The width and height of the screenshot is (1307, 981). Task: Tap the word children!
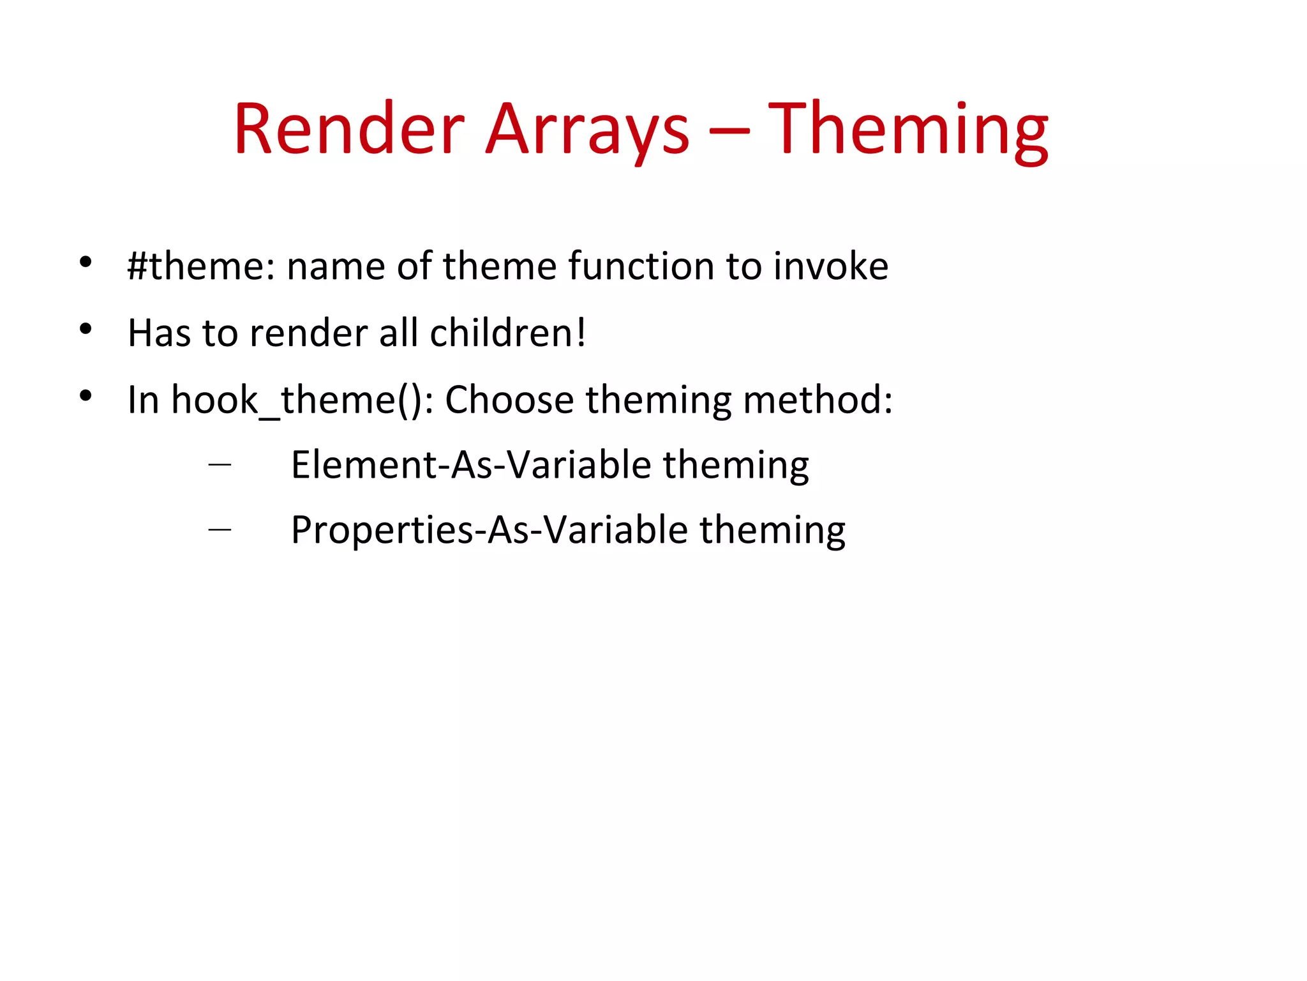click(507, 333)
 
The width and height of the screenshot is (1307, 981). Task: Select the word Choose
click(509, 400)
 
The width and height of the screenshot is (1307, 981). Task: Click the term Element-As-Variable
click(471, 465)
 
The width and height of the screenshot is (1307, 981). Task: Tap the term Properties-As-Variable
click(489, 530)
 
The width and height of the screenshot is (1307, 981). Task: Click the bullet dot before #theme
click(86, 262)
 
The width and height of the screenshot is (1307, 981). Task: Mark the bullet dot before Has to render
click(86, 330)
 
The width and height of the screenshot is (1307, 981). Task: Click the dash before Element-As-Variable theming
click(220, 465)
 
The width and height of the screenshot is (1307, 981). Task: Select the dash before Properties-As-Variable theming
click(220, 529)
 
